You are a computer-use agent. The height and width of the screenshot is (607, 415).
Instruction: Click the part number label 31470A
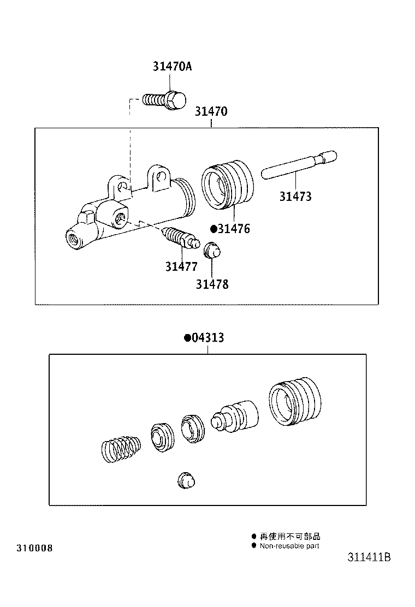pyautogui.click(x=172, y=67)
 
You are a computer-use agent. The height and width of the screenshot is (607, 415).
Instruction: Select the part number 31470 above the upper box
pyautogui.click(x=210, y=112)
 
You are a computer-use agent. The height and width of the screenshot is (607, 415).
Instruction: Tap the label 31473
pyautogui.click(x=295, y=197)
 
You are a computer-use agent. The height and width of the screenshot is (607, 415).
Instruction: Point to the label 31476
pyautogui.click(x=234, y=229)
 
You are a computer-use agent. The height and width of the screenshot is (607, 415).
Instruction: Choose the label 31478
pyautogui.click(x=212, y=284)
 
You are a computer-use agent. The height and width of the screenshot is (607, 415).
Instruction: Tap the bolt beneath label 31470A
pyautogui.click(x=165, y=101)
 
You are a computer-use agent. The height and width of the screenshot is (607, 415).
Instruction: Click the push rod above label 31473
pyautogui.click(x=299, y=164)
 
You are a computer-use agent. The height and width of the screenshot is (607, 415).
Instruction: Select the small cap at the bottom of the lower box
pyautogui.click(x=186, y=481)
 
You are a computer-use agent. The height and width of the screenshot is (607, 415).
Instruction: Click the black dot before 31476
pyautogui.click(x=214, y=229)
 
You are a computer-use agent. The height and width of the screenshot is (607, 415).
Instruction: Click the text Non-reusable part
pyautogui.click(x=289, y=546)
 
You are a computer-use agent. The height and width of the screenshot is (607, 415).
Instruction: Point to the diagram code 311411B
pyautogui.click(x=369, y=558)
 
